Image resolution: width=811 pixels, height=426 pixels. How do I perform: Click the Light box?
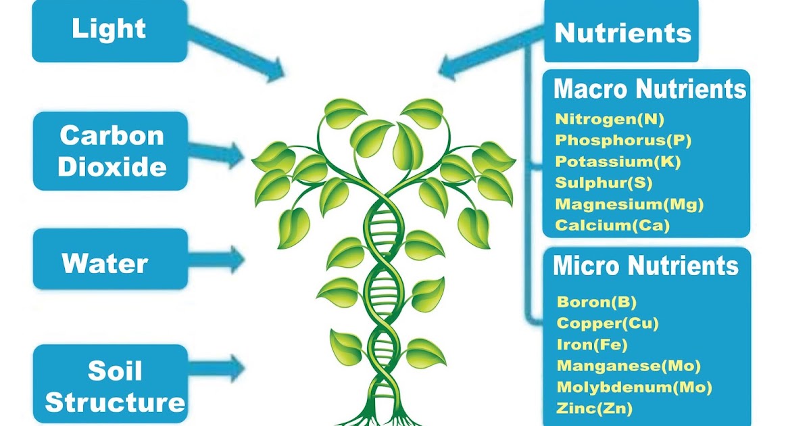click(x=109, y=30)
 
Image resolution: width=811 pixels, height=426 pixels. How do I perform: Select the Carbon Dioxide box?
click(x=111, y=150)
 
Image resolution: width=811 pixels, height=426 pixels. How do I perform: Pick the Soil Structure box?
click(x=111, y=385)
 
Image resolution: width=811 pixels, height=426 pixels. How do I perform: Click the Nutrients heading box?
click(x=622, y=32)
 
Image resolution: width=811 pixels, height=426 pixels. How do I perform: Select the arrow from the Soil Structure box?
click(x=216, y=367)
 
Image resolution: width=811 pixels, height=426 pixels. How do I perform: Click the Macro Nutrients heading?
click(x=649, y=89)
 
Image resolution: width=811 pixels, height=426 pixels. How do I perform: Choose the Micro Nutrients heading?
click(x=645, y=266)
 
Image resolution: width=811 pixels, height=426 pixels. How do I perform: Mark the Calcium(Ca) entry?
click(x=612, y=225)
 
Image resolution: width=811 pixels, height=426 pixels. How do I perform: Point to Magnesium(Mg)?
click(x=629, y=204)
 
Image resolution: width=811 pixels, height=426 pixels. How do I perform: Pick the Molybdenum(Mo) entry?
click(x=634, y=387)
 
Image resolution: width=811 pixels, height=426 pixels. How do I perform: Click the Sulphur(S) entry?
click(x=604, y=183)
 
